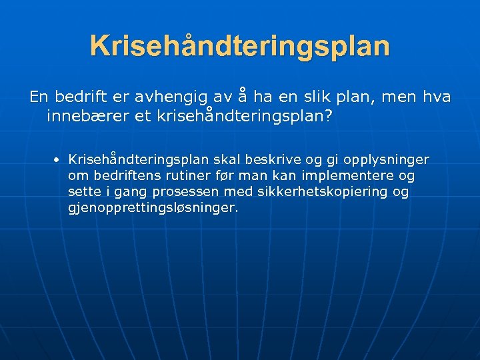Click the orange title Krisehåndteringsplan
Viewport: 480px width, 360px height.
[240, 46]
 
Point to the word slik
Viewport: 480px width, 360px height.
[329, 97]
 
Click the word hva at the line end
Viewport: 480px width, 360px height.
[437, 97]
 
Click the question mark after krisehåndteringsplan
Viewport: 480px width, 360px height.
[329, 116]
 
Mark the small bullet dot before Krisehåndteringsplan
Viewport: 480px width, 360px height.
[59, 161]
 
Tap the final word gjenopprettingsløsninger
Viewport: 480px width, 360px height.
[153, 208]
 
